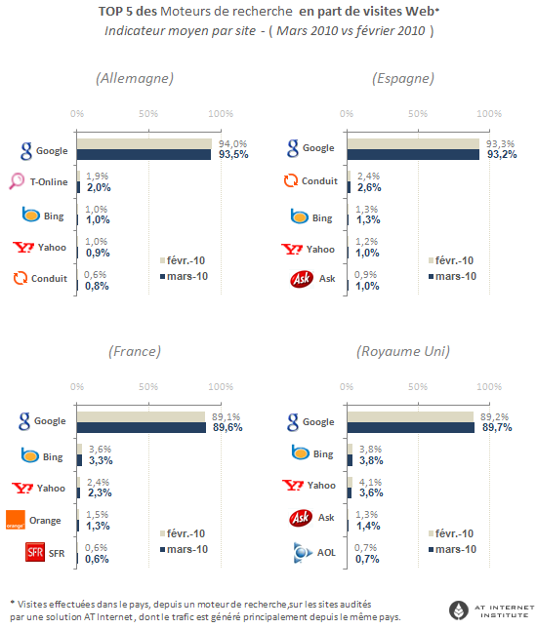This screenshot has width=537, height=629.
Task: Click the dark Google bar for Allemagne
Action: tap(144, 154)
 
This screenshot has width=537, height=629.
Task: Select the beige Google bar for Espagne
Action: tap(413, 143)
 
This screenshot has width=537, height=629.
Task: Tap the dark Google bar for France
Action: tap(142, 427)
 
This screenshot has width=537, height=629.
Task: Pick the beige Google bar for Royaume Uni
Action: tap(410, 416)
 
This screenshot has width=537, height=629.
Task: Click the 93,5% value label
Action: tap(233, 154)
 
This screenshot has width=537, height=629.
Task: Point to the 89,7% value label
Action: tap(497, 428)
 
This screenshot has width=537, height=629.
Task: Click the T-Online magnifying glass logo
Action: tap(17, 181)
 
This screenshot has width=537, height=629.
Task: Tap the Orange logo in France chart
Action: tap(16, 520)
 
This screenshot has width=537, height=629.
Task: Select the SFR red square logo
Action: tap(35, 552)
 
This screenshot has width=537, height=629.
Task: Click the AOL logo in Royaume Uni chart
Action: tap(303, 552)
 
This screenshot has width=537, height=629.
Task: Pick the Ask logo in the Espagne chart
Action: tap(302, 279)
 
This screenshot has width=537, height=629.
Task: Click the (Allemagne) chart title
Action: tap(135, 78)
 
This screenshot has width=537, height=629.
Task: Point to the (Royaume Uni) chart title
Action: tap(403, 351)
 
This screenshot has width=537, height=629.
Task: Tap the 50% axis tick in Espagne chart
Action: tap(418, 114)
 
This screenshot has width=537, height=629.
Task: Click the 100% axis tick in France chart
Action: tap(221, 387)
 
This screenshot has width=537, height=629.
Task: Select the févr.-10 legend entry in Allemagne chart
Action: tap(183, 260)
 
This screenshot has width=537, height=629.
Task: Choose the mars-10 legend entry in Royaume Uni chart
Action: tap(453, 549)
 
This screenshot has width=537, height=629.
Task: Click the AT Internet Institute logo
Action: tap(492, 610)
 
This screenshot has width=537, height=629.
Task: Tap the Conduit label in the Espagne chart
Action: tap(319, 181)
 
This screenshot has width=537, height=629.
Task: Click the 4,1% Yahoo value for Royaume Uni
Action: tap(370, 482)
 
